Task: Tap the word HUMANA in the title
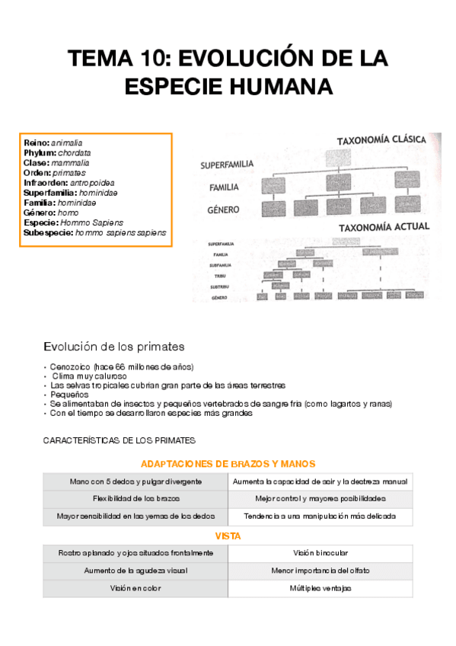(x=281, y=86)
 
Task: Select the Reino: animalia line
(x=53, y=143)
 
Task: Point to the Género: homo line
(x=51, y=213)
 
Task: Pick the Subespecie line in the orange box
(x=95, y=233)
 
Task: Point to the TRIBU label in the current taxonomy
(x=222, y=275)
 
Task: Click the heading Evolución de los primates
(x=113, y=347)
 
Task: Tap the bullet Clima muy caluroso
(x=89, y=376)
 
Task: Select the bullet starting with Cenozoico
(x=122, y=366)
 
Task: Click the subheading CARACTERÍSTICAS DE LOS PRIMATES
(x=120, y=440)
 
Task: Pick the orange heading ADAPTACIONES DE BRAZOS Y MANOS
(x=228, y=463)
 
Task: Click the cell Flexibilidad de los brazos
(x=136, y=499)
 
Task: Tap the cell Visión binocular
(x=320, y=552)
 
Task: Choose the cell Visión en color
(x=136, y=588)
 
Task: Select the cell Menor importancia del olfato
(x=320, y=571)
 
